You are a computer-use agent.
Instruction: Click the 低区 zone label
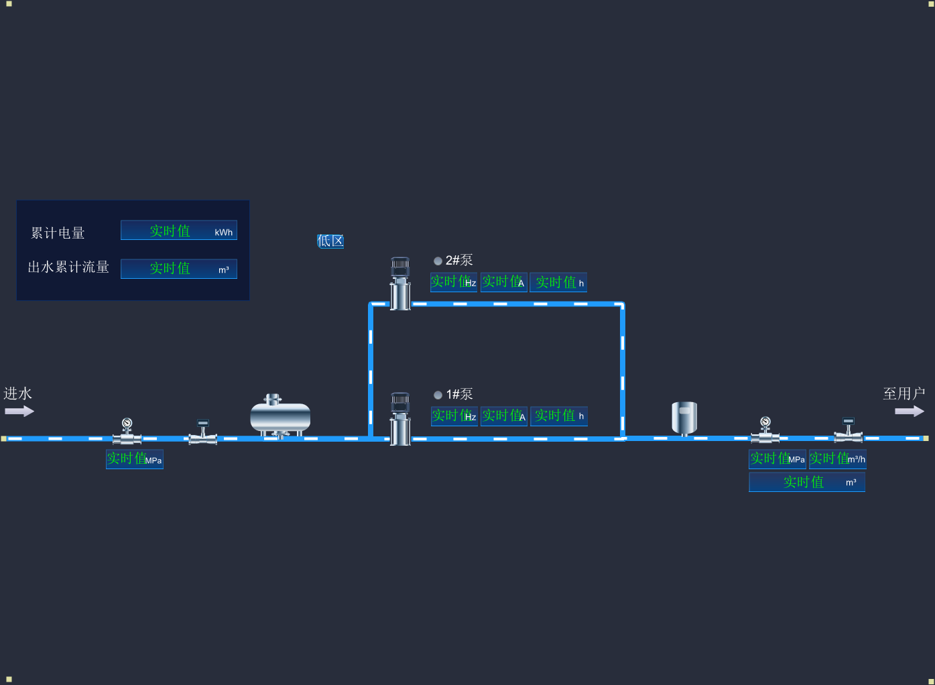click(x=330, y=241)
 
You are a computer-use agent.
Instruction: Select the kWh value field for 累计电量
click(x=178, y=231)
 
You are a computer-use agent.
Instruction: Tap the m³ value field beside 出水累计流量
click(x=178, y=269)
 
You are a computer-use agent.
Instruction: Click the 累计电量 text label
click(x=58, y=233)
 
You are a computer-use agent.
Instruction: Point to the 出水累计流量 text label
click(x=68, y=267)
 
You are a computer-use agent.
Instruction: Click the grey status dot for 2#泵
click(x=438, y=261)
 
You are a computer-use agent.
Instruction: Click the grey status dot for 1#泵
click(x=438, y=395)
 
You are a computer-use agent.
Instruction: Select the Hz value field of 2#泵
click(x=453, y=282)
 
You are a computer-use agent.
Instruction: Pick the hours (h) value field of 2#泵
click(x=558, y=282)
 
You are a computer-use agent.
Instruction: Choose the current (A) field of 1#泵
click(x=503, y=416)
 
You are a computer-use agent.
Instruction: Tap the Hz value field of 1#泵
click(x=454, y=416)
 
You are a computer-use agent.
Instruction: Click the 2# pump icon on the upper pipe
click(x=400, y=284)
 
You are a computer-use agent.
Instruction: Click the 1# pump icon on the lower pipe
click(x=400, y=419)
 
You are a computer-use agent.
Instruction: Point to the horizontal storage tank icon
click(x=280, y=416)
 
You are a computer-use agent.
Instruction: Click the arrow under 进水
click(x=19, y=411)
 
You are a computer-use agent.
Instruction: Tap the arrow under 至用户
click(x=909, y=411)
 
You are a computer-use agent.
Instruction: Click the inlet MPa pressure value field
click(x=134, y=459)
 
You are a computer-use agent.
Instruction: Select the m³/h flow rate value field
click(x=837, y=459)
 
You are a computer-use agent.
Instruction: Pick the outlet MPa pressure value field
click(x=777, y=459)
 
